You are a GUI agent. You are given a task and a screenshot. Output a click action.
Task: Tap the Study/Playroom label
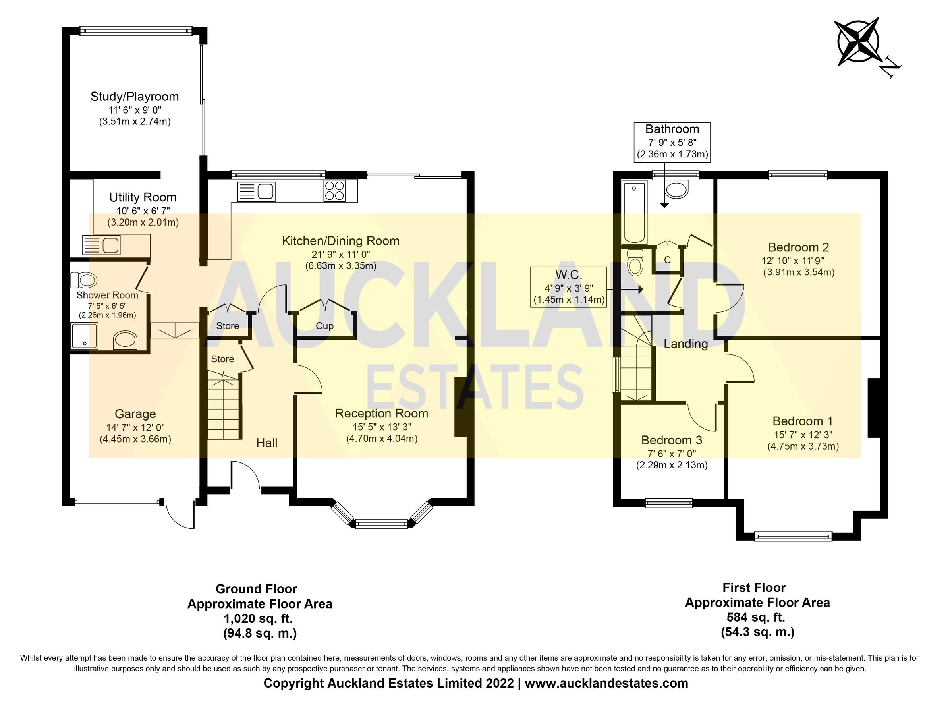coord(134,97)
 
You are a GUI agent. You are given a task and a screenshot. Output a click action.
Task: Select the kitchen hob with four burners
coord(334,191)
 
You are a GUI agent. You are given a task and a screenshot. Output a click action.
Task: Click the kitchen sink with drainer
coord(257,191)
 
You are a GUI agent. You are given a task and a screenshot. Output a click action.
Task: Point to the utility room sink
coord(101,245)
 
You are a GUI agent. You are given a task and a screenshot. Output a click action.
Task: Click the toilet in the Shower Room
coord(84,280)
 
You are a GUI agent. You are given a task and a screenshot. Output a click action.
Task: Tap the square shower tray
coord(84,336)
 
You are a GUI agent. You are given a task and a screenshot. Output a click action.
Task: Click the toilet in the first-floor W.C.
coord(634,262)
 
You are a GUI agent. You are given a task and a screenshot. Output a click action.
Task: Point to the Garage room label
coord(135,414)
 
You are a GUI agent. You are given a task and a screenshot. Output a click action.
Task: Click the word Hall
coord(267,443)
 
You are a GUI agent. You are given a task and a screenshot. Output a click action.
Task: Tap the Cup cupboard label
coord(325,326)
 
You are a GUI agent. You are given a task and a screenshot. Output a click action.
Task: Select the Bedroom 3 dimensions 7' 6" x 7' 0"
coord(672,454)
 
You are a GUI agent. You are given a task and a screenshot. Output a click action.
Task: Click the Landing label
coord(686,344)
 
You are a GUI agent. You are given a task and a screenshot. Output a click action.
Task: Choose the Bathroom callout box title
coord(672,129)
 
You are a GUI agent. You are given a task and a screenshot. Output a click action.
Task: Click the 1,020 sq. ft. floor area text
coord(258,619)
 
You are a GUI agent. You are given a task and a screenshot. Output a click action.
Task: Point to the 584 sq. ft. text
coord(756,617)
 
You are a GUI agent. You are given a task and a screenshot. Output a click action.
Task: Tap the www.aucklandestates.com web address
coord(606,683)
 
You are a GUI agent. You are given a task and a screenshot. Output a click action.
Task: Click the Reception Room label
coord(381,413)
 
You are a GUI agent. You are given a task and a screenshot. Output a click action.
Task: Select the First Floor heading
coord(754,587)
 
